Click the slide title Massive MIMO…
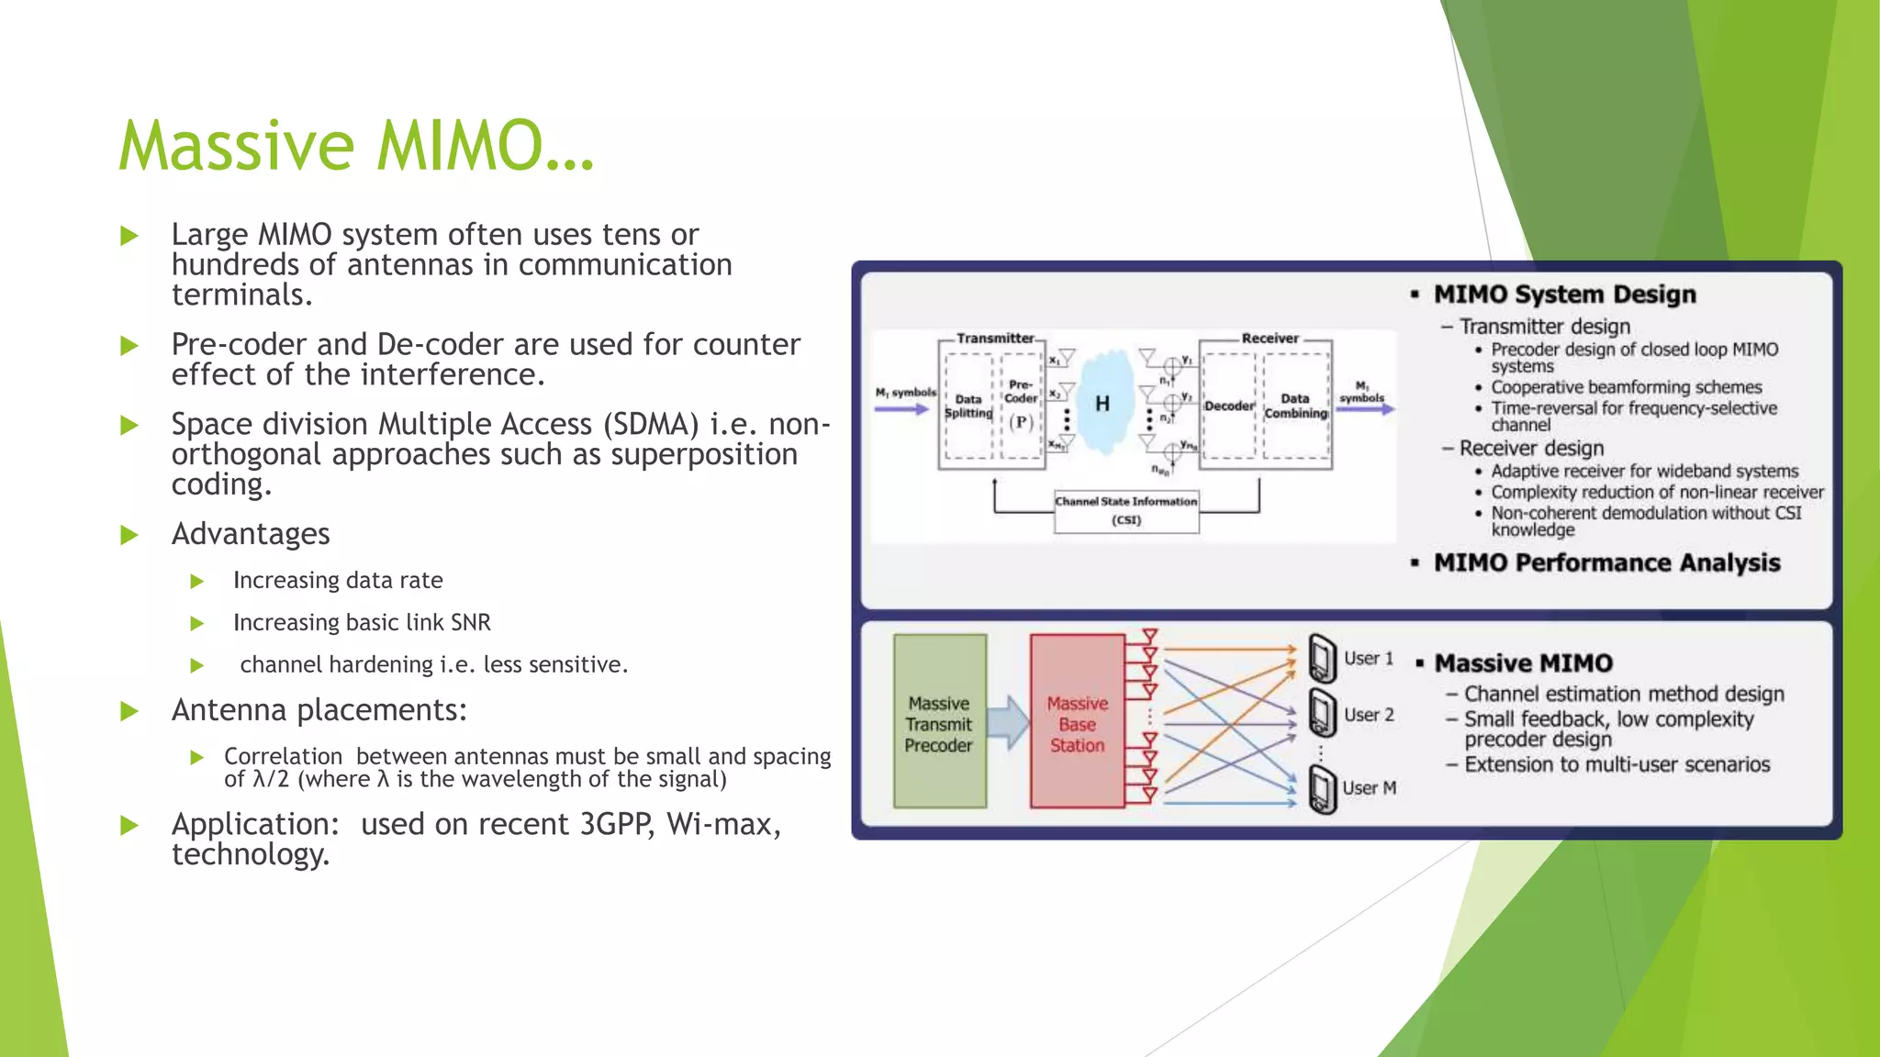(356, 146)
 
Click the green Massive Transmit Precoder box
(939, 722)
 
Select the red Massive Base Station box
(1077, 722)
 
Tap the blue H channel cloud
(1102, 403)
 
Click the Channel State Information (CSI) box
(1126, 511)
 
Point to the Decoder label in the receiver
(1228, 406)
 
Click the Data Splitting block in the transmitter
(968, 406)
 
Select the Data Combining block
(1295, 406)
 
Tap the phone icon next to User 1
(1322, 658)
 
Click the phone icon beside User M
(1322, 789)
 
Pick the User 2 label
(1369, 715)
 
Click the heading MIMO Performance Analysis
(1606, 562)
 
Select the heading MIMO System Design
(1564, 295)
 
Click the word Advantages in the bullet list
(251, 534)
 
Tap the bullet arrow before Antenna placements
(129, 711)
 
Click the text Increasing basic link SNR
(362, 622)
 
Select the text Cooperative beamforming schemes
(1626, 387)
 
